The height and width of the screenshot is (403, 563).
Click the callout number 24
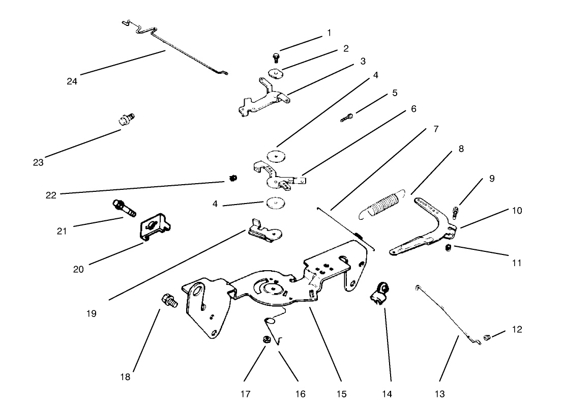coord(72,80)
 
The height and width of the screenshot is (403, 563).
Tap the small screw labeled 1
coord(276,57)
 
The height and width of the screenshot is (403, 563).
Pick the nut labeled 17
coord(265,340)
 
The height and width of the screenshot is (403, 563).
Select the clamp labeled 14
coord(380,296)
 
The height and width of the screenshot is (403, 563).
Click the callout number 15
coord(341,394)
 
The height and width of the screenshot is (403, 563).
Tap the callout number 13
coord(440,394)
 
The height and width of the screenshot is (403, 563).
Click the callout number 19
coord(92,313)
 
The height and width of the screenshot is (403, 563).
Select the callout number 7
coord(436,129)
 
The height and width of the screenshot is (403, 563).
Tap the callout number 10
coord(517,210)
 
